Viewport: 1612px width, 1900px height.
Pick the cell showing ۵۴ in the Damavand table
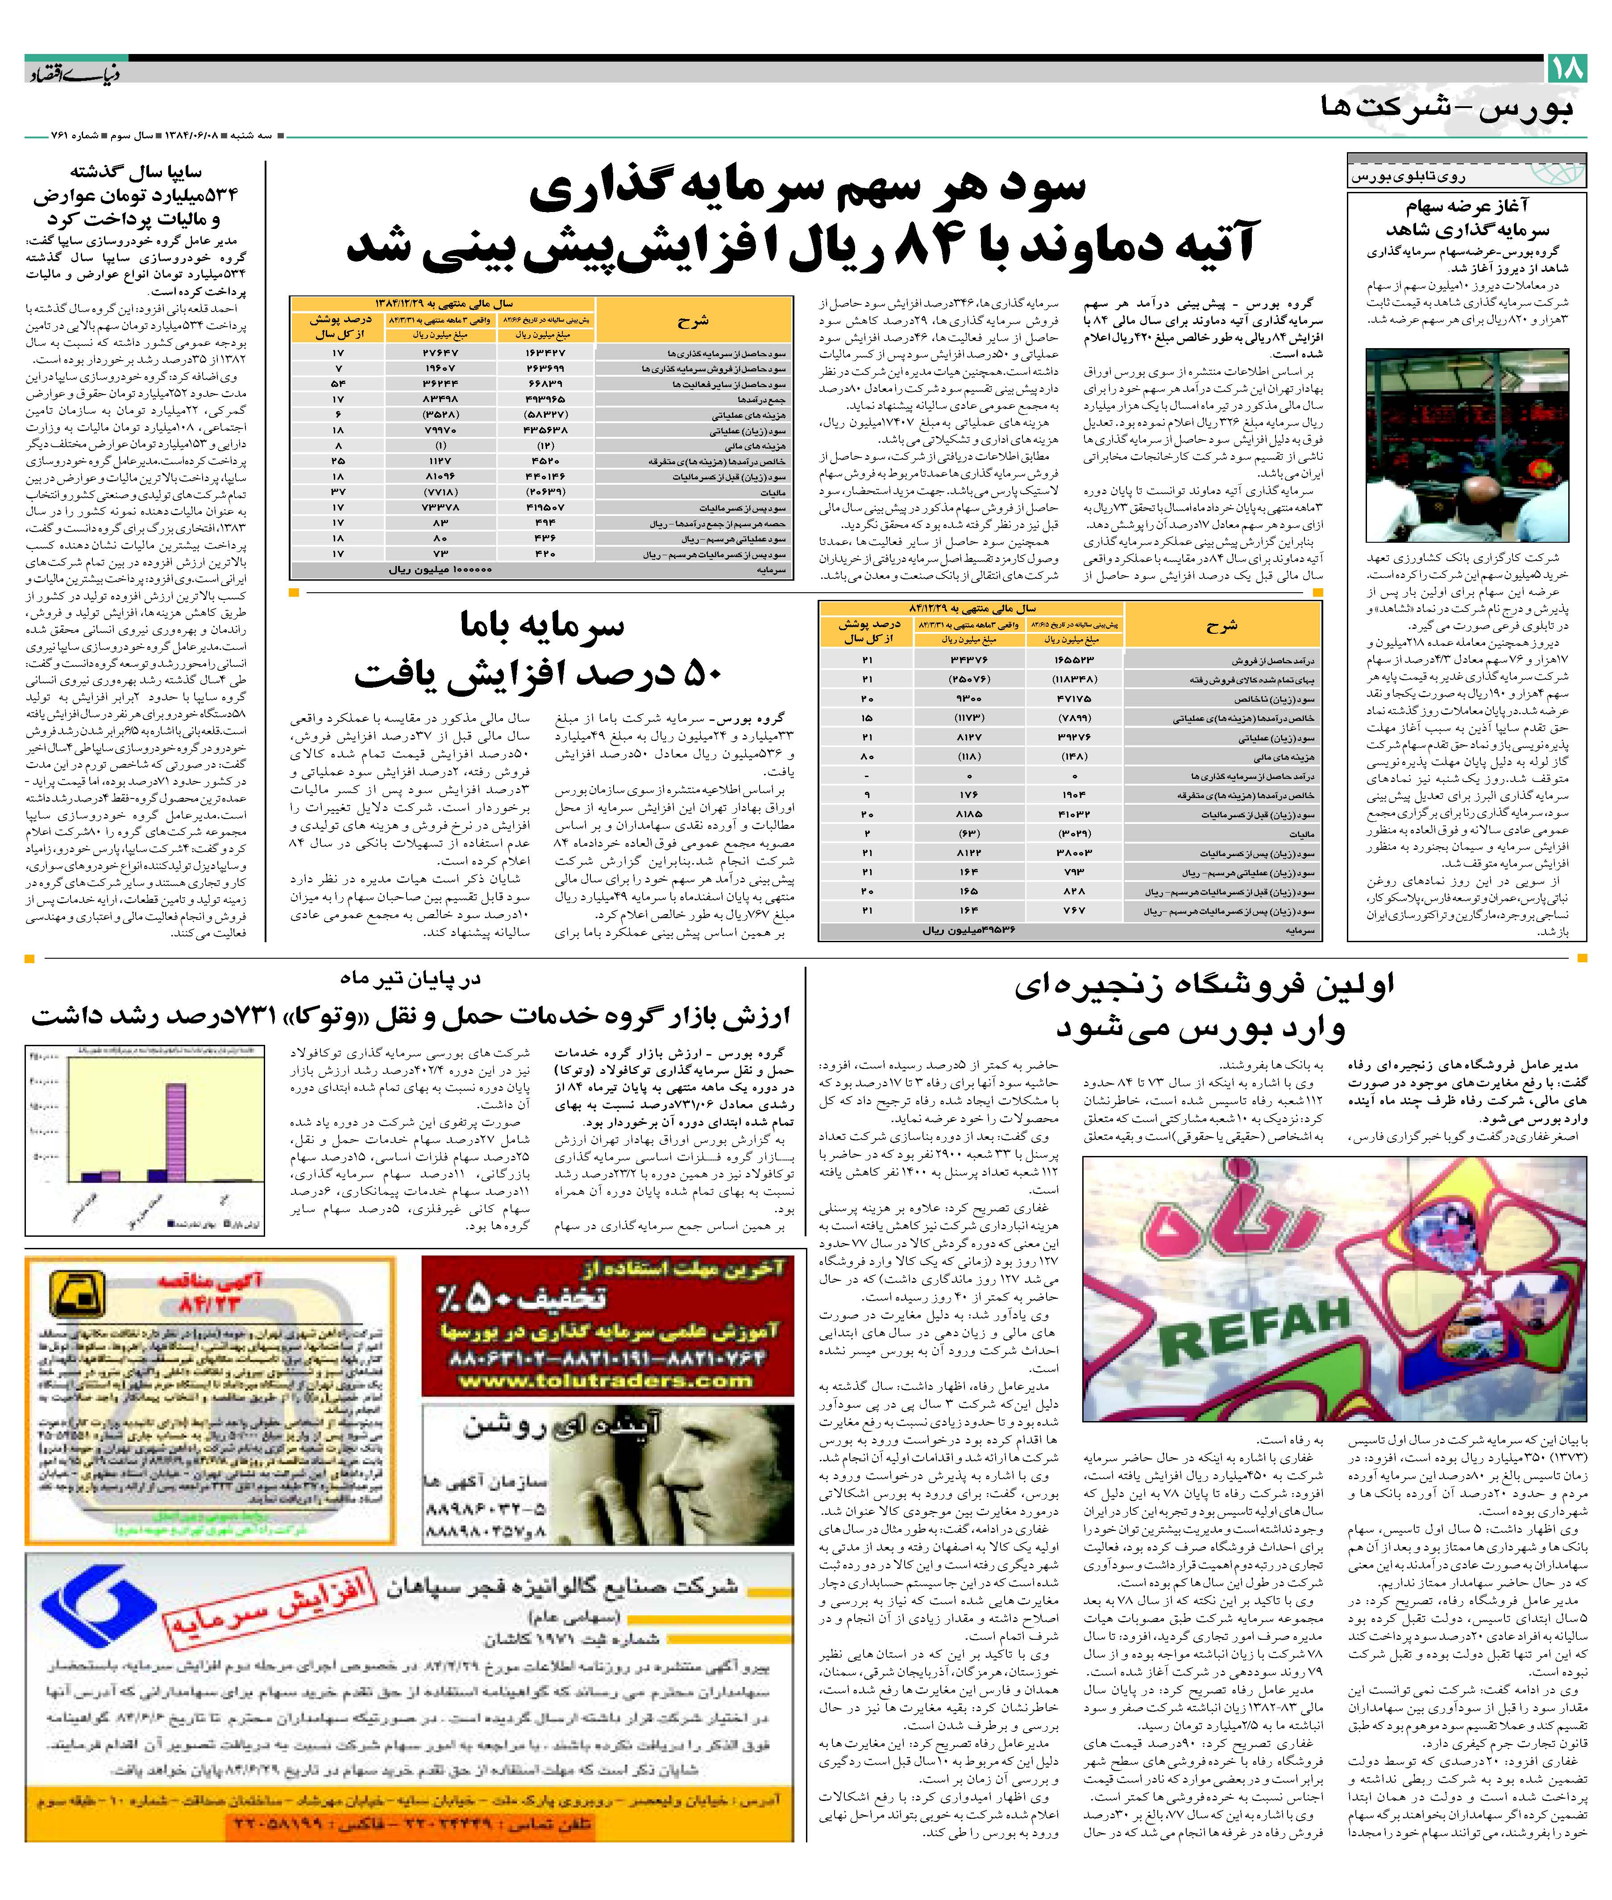[338, 384]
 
